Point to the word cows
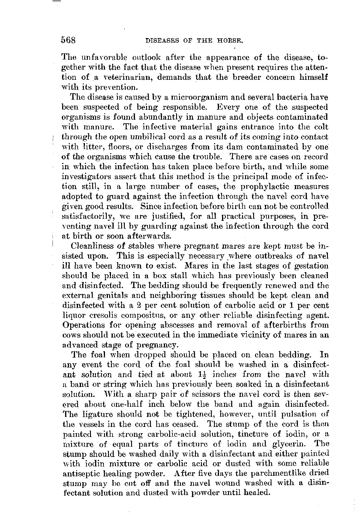[70, 335]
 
